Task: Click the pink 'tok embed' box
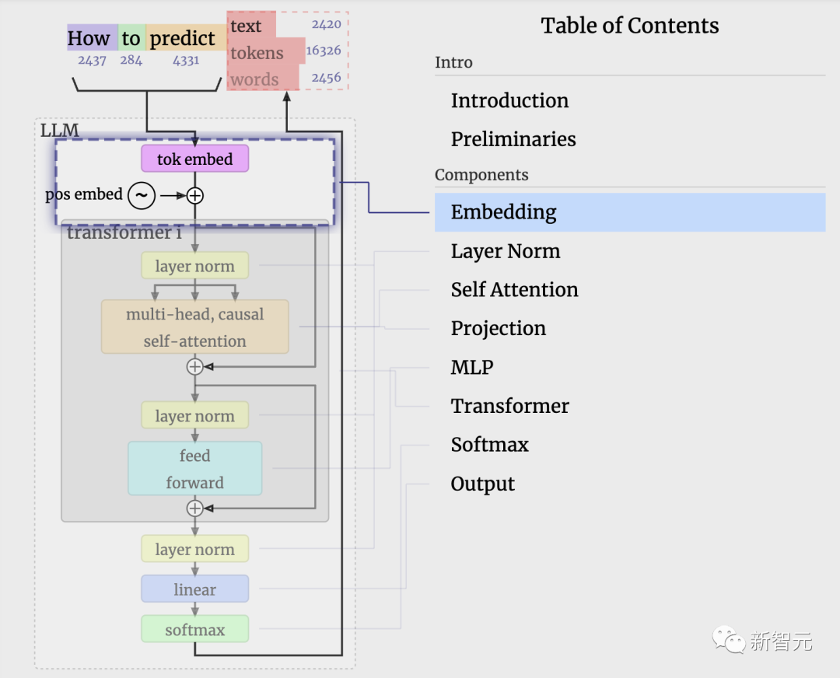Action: pyautogui.click(x=194, y=159)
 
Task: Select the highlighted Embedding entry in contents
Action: pyautogui.click(x=504, y=212)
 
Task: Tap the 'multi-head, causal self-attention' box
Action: pyautogui.click(x=194, y=327)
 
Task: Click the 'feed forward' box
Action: pyautogui.click(x=194, y=469)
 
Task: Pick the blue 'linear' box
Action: pyautogui.click(x=194, y=589)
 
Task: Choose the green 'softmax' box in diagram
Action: pyautogui.click(x=194, y=630)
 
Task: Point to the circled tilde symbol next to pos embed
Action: pyautogui.click(x=142, y=195)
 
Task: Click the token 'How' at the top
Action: pyautogui.click(x=89, y=38)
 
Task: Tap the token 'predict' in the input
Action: pyautogui.click(x=182, y=38)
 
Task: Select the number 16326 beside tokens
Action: pyautogui.click(x=324, y=51)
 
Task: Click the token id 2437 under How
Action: pyautogui.click(x=92, y=60)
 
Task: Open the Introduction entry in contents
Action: pyautogui.click(x=509, y=101)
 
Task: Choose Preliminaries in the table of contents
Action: pyautogui.click(x=513, y=139)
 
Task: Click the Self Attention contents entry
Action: pyautogui.click(x=514, y=290)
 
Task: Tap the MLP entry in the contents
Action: pyautogui.click(x=472, y=367)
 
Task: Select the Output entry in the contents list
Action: pyautogui.click(x=482, y=484)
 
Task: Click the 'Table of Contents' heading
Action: pyautogui.click(x=630, y=26)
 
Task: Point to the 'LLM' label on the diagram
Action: pyautogui.click(x=60, y=130)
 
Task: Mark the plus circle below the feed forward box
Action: pyautogui.click(x=194, y=508)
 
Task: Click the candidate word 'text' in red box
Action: pyautogui.click(x=246, y=26)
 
